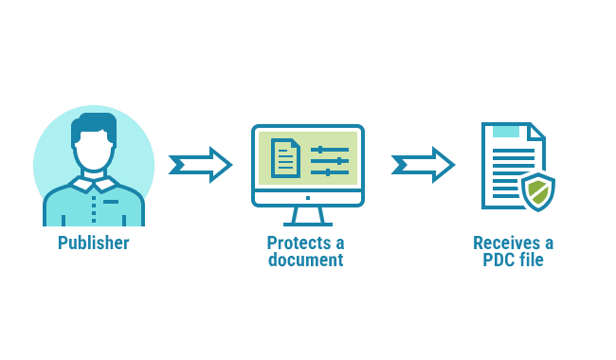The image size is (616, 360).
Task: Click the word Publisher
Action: pos(93,243)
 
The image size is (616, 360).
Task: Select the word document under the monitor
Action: pos(305,260)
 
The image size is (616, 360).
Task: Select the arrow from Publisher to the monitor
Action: pos(200,165)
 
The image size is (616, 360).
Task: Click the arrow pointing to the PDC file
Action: pos(423,165)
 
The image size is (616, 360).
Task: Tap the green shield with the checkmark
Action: pos(537,191)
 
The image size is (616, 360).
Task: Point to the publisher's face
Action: pos(94,152)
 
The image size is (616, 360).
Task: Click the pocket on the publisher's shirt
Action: pos(112,202)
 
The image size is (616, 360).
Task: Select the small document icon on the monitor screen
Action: pos(285,158)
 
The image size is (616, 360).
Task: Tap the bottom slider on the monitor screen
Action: pos(329,171)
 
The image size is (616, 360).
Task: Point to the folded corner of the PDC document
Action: pos(535,132)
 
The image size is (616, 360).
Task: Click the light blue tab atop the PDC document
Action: pos(506,131)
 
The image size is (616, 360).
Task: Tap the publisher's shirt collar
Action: pos(94,183)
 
